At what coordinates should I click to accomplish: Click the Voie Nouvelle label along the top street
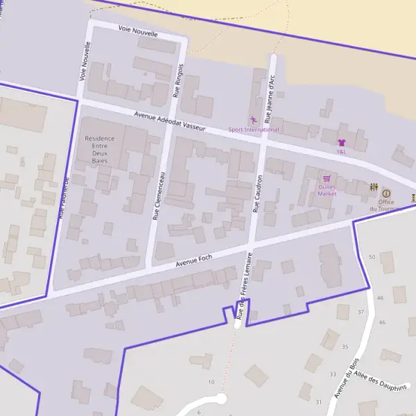138,31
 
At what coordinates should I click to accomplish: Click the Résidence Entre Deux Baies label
99,149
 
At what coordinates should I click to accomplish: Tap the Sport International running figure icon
253,121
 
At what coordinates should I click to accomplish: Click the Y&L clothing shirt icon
341,142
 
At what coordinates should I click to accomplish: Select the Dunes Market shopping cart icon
327,178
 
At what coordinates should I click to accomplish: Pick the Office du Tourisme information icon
386,193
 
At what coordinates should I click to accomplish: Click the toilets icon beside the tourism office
374,187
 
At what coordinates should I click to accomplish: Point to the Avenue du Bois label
345,378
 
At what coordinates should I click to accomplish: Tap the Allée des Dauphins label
380,385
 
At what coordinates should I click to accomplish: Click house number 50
372,257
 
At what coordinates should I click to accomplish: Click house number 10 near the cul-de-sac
211,382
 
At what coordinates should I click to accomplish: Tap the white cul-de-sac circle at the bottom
221,399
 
